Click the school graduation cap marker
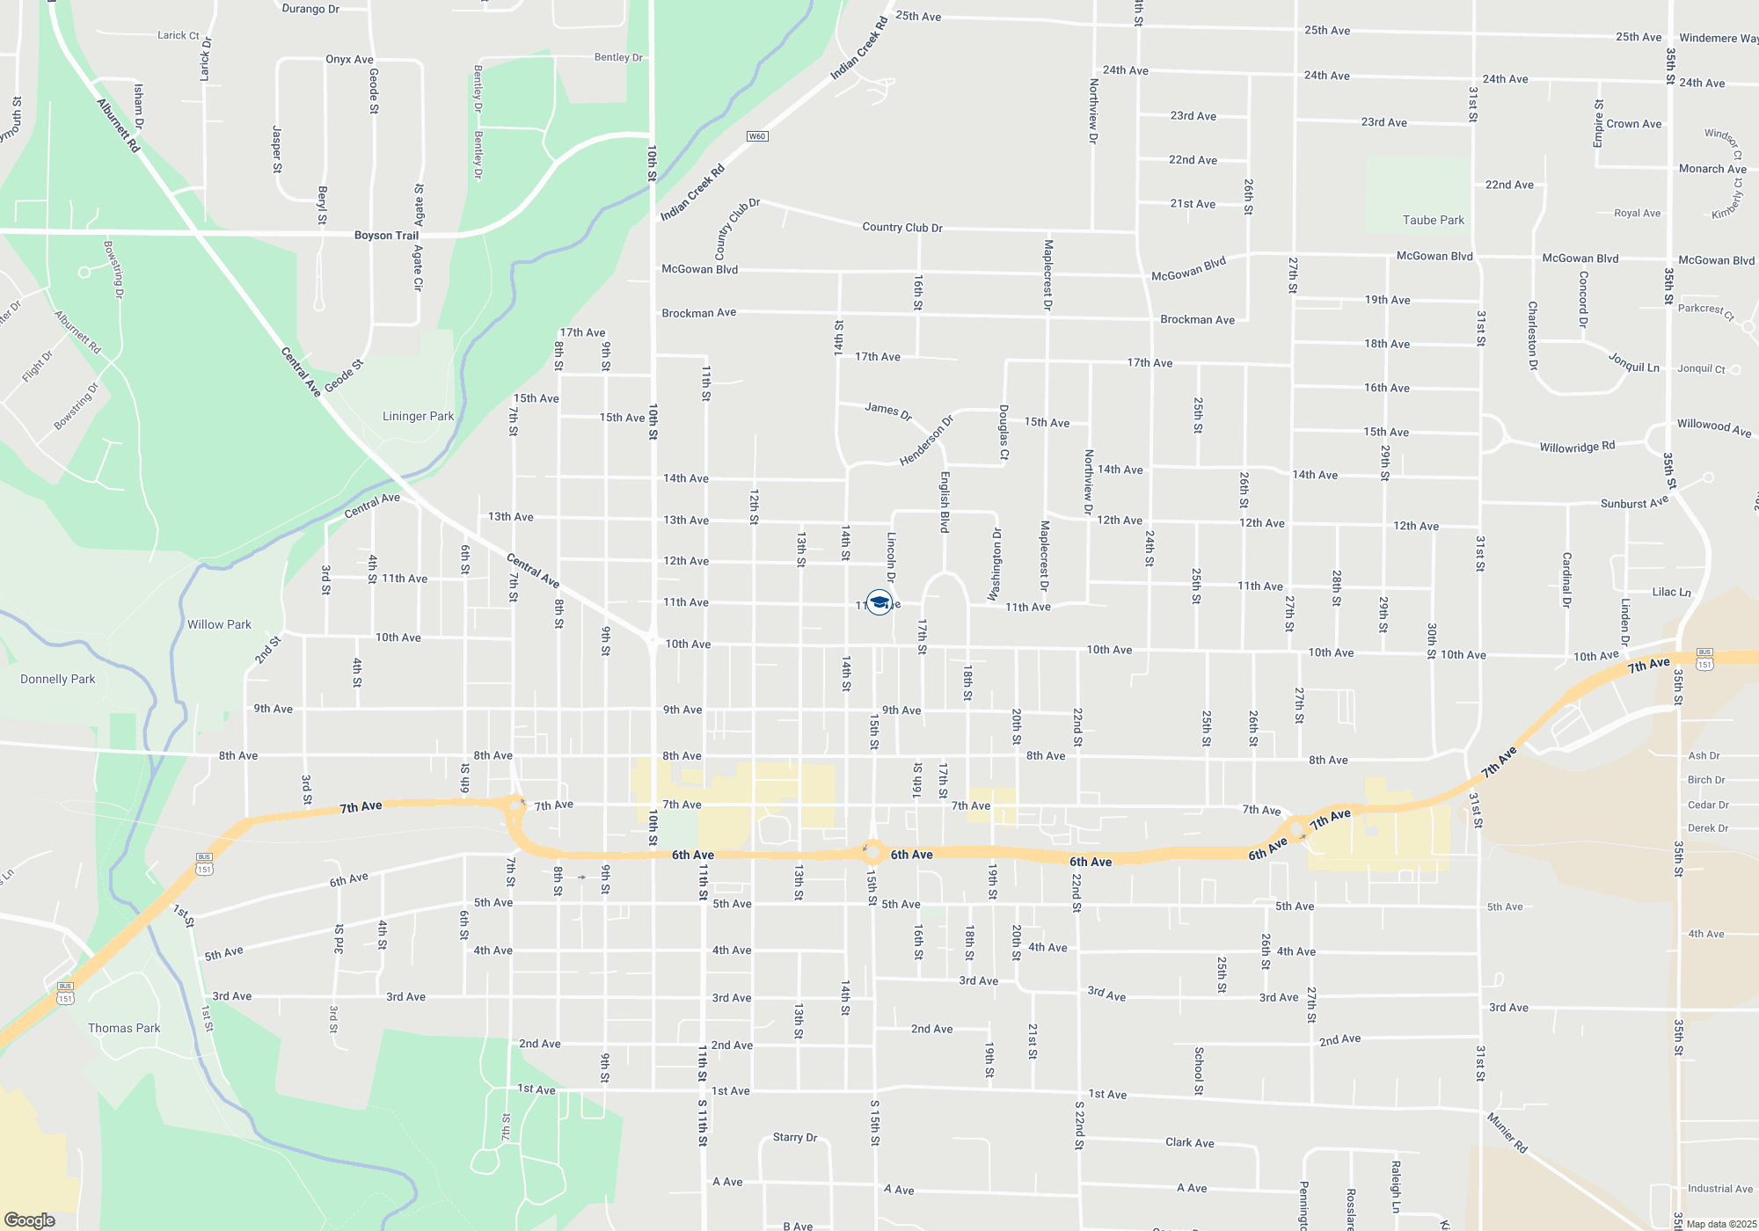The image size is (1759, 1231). pos(879,602)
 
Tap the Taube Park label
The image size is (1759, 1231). pos(1434,221)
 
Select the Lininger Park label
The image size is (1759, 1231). pos(418,417)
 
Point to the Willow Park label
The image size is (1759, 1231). pos(219,625)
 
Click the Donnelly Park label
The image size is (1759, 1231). pos(58,680)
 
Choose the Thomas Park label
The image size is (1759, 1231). pos(124,1029)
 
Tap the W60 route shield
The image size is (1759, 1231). pos(757,136)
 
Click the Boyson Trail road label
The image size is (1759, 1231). pos(386,236)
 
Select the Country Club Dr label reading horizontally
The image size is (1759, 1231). pos(902,228)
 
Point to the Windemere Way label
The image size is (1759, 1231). pos(1718,39)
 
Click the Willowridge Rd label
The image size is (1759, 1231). pos(1577,447)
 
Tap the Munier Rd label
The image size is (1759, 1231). pos(1507,1133)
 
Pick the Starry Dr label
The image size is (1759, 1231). pos(795,1138)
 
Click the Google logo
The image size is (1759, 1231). pos(30,1220)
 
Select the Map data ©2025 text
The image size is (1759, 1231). pos(1721,1224)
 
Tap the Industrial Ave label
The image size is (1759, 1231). pos(1719,1189)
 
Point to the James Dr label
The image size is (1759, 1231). pos(888,410)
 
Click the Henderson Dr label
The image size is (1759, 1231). pos(926,441)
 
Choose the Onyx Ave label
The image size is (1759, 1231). pos(349,60)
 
